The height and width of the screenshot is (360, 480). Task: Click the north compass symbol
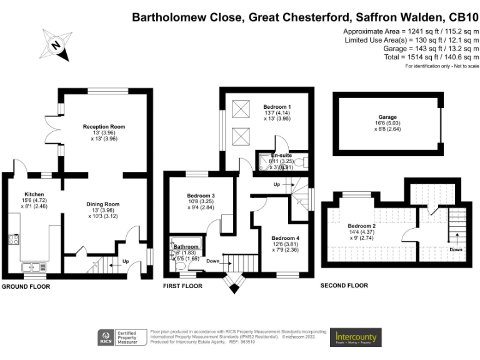56,44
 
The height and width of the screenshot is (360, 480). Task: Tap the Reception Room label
104,127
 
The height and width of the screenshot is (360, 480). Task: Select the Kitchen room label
34,194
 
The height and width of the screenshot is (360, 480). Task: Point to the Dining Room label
103,204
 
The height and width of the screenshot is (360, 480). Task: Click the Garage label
387,117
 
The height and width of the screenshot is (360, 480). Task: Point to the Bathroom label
186,247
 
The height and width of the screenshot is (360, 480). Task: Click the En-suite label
281,155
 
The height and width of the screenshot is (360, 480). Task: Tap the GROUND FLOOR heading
26,287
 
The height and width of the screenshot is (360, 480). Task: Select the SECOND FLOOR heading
344,286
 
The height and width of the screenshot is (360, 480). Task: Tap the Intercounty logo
356,337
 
